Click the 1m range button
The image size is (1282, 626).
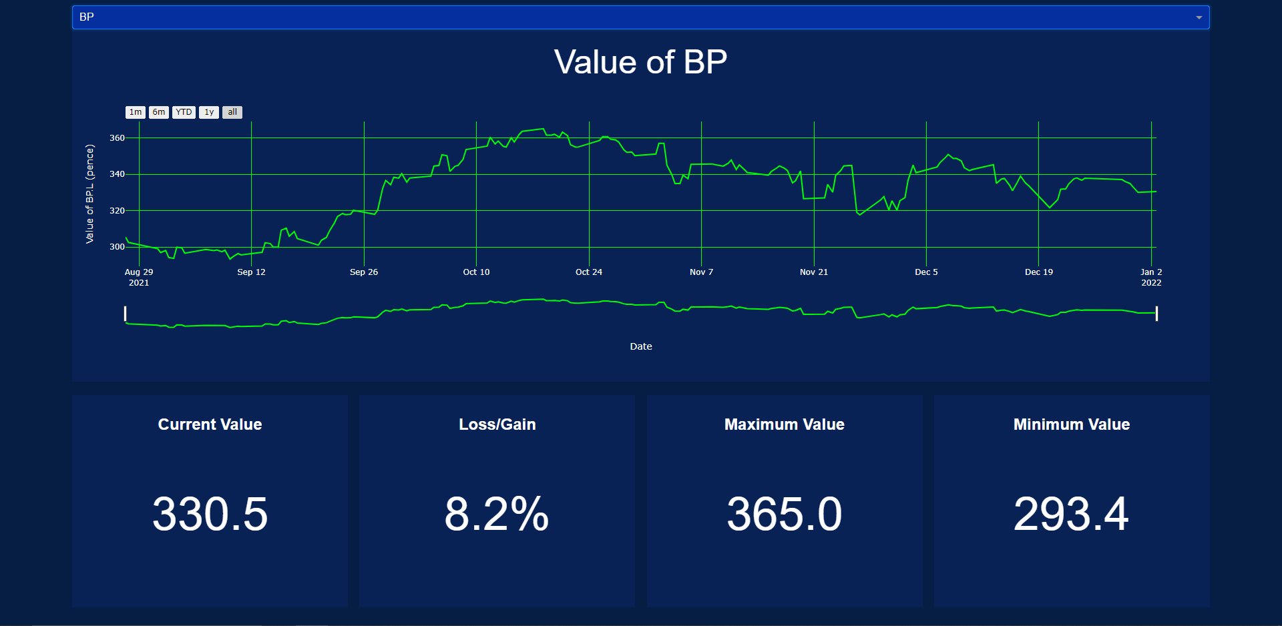coord(136,112)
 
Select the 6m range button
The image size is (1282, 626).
coord(159,112)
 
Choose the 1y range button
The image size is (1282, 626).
coord(209,112)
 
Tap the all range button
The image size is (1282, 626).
coord(232,112)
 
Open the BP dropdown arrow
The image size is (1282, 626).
coord(1199,17)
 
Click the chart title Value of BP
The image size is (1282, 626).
coord(640,62)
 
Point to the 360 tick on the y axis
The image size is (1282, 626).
coord(117,138)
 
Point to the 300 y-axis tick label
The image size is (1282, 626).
coord(117,247)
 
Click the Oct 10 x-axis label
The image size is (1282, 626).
coord(476,272)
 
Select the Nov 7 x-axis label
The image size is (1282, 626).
coord(701,272)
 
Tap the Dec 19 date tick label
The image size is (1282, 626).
coord(1038,272)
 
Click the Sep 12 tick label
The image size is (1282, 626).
coord(251,272)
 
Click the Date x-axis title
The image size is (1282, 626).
coord(640,346)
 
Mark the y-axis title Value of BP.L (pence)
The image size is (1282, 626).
coord(89,194)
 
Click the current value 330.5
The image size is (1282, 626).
coord(210,515)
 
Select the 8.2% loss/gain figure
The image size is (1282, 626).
coord(497,515)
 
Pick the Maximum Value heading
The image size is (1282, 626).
coord(784,424)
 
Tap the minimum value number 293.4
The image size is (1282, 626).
coord(1071,515)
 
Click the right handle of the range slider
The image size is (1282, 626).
coord(1156,314)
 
